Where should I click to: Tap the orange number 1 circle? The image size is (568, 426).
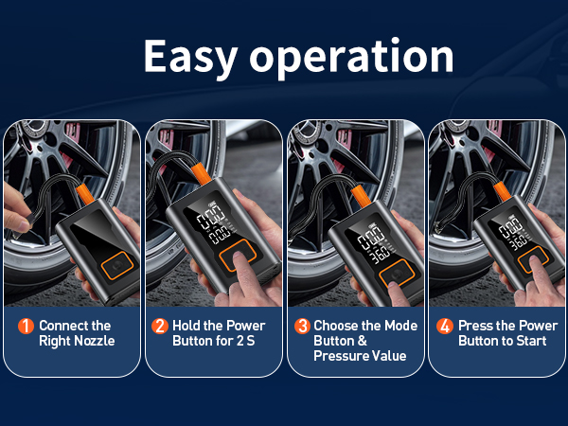click(x=26, y=326)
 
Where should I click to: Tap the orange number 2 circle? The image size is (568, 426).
click(x=160, y=326)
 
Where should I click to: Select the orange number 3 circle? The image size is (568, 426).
click(x=302, y=326)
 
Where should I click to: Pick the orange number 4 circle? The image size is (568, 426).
click(x=445, y=326)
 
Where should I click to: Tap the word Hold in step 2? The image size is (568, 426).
click(x=186, y=326)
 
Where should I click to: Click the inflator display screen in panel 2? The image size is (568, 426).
click(x=209, y=223)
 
